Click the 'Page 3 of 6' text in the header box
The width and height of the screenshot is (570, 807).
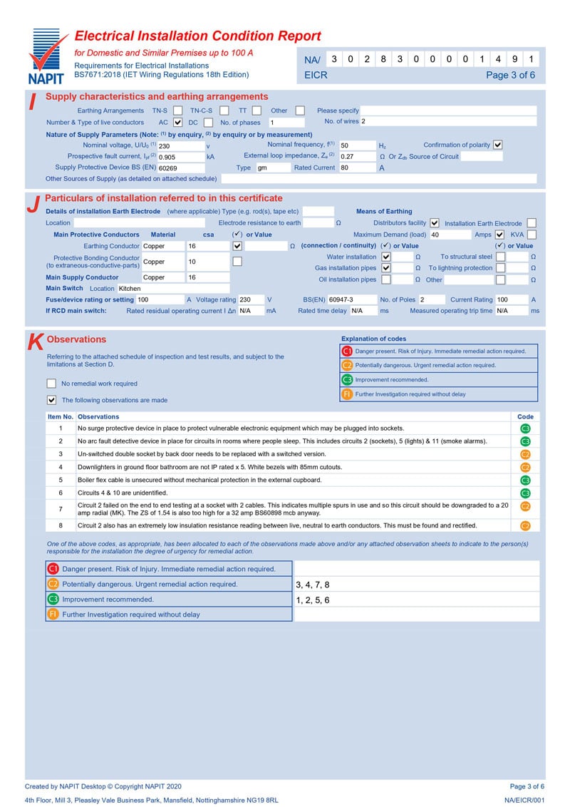pyautogui.click(x=510, y=75)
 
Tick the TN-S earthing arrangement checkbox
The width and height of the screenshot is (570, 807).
pyautogui.click(x=176, y=110)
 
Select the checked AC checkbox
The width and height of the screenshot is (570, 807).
pyautogui.click(x=178, y=122)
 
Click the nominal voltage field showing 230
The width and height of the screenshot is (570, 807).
pyautogui.click(x=180, y=145)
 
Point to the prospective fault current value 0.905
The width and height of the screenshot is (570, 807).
pyautogui.click(x=180, y=157)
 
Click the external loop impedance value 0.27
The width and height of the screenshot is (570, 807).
pyautogui.click(x=356, y=156)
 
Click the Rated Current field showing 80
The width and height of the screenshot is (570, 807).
pyautogui.click(x=356, y=168)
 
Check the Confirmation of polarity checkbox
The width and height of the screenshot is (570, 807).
pyautogui.click(x=498, y=145)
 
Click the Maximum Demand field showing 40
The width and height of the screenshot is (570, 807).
pyautogui.click(x=449, y=235)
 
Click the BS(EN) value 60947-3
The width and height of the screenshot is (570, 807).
pyautogui.click(x=348, y=300)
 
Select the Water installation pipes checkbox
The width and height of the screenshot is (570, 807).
pyautogui.click(x=386, y=257)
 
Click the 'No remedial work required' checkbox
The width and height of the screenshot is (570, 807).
pyautogui.click(x=51, y=384)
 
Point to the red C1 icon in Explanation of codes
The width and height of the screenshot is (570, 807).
pyautogui.click(x=347, y=351)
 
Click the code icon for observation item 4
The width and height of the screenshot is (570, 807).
pyautogui.click(x=525, y=467)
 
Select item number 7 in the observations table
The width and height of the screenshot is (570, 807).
pyautogui.click(x=61, y=509)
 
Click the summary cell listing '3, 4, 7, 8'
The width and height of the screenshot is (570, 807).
pyautogui.click(x=416, y=585)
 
